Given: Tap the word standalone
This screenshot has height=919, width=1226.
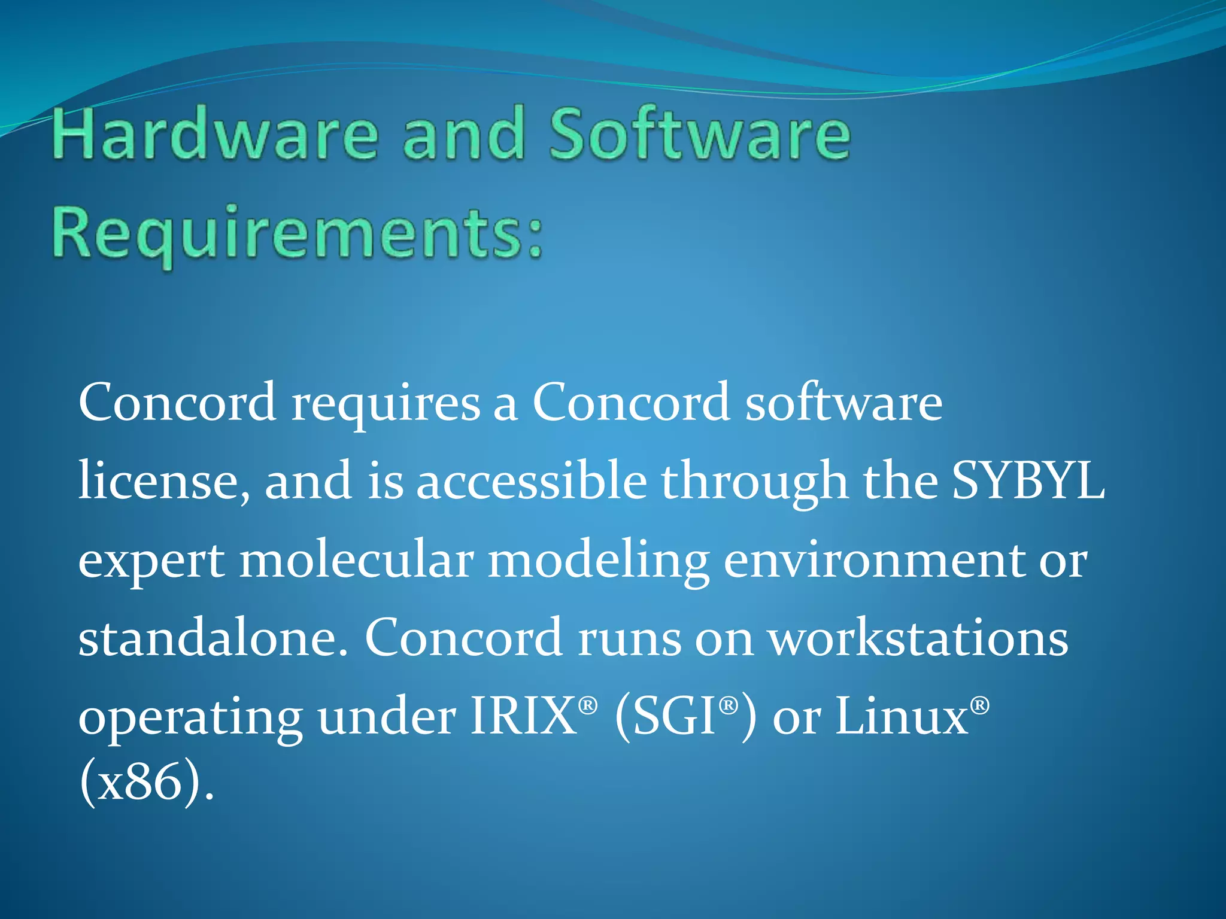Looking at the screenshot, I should click(213, 638).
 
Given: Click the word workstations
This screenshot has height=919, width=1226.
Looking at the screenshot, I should click(918, 638).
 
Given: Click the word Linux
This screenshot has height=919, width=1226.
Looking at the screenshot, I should click(902, 716).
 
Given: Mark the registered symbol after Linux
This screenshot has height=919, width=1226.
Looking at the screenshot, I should click(979, 705).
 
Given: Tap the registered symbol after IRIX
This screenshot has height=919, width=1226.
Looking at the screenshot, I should click(588, 705).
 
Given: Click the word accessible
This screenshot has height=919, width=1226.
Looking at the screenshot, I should click(532, 480).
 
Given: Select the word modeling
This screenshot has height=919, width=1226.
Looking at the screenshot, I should click(599, 562).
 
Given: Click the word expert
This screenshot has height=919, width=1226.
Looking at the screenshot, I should click(152, 562).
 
